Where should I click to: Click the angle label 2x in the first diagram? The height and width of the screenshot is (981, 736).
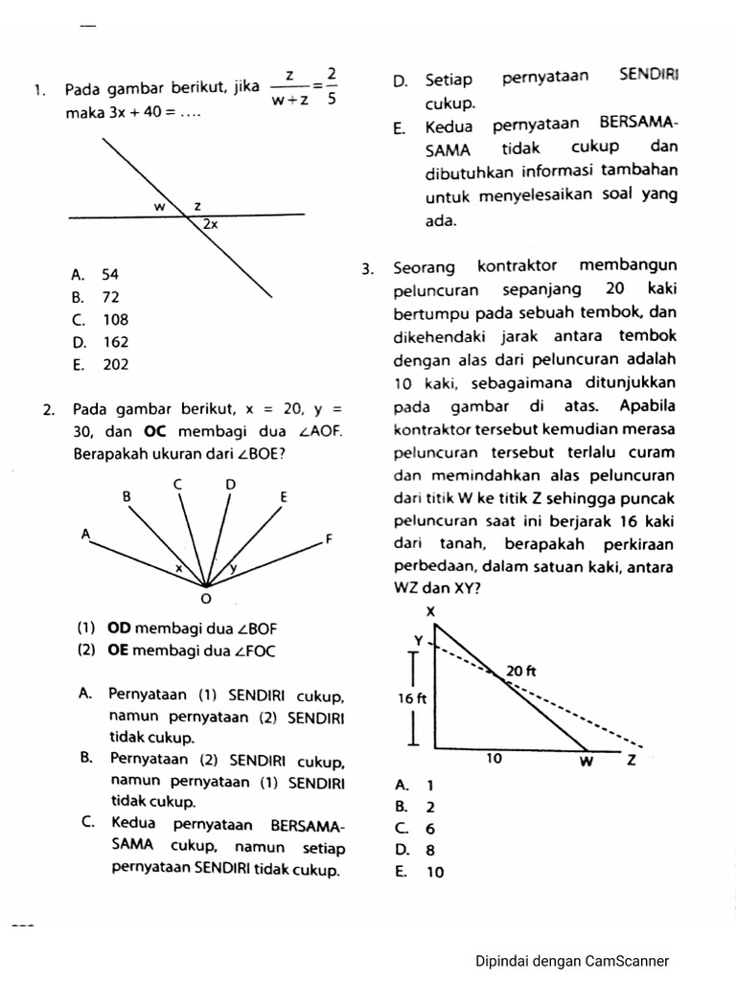coord(210,224)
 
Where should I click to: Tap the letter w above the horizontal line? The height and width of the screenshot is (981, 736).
coord(160,206)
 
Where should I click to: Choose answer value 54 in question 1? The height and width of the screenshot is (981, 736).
coord(110,274)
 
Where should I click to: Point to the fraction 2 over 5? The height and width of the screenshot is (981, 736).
coord(331,87)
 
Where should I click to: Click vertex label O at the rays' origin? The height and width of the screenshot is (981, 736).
coord(204,600)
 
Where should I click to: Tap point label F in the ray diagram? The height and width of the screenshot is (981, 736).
coord(329,538)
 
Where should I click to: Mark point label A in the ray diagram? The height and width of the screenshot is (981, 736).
coord(85,533)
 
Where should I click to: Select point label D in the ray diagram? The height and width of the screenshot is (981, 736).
coord(230,485)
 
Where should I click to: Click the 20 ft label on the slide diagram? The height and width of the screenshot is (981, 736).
coord(520,672)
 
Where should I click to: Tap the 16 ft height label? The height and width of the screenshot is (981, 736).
coord(412,698)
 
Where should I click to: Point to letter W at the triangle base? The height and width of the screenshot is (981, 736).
coord(586,763)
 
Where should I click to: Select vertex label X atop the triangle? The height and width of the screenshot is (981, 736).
coord(429,611)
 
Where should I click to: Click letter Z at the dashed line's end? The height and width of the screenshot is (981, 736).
coord(631,763)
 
